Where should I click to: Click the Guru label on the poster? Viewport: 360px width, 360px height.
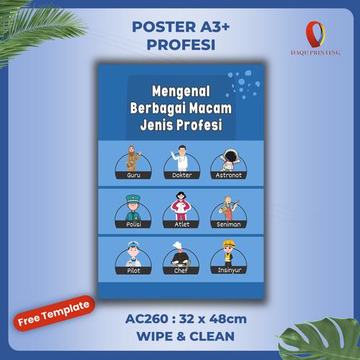pyautogui.click(x=132, y=175)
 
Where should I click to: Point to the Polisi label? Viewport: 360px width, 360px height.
pyautogui.click(x=132, y=224)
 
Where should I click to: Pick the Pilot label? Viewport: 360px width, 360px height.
pyautogui.click(x=132, y=271)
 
